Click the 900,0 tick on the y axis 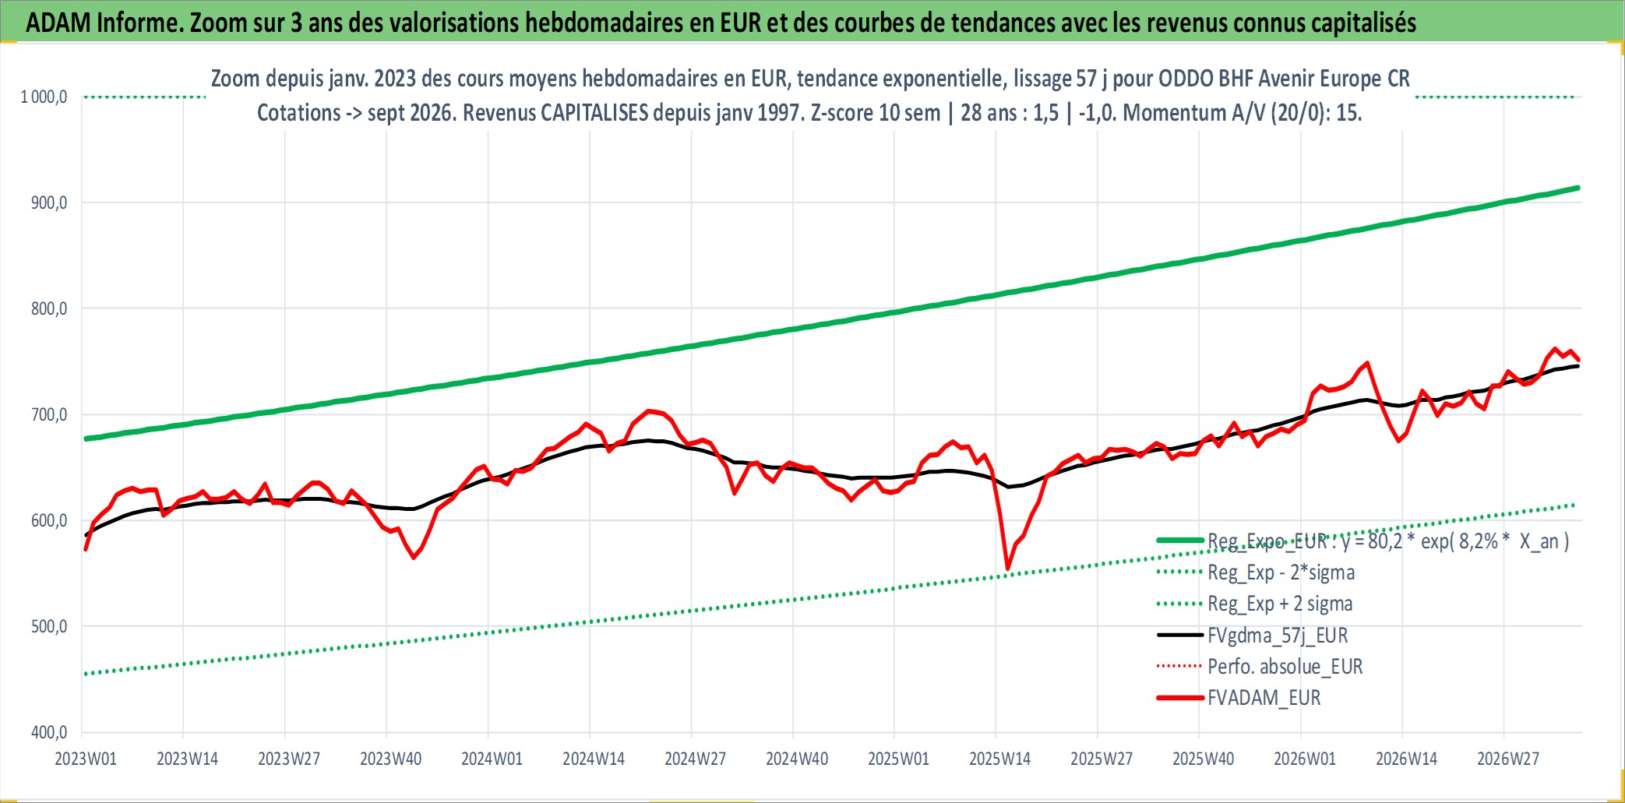(x=49, y=203)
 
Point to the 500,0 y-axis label (x=49, y=627)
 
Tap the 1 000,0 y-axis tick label (x=44, y=97)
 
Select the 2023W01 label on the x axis (x=86, y=759)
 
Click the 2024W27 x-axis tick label (x=695, y=759)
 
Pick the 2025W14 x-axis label (x=999, y=759)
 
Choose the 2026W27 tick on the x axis (x=1508, y=759)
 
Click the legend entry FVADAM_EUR (x=1264, y=698)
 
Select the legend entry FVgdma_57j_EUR (x=1278, y=636)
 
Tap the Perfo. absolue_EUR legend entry (x=1285, y=667)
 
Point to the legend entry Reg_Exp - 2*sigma (x=1281, y=572)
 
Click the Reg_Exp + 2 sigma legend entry (x=1280, y=604)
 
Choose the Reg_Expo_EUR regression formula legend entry (x=1388, y=541)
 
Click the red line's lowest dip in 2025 (x=1008, y=569)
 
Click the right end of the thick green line (x=1578, y=188)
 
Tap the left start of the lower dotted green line (x=84, y=674)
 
